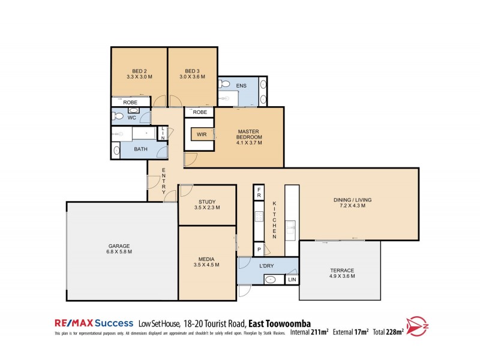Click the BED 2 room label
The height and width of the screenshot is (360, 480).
pyautogui.click(x=139, y=71)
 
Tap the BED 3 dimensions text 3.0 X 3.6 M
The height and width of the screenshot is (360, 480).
pyautogui.click(x=192, y=77)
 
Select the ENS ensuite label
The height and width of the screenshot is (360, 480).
pyautogui.click(x=241, y=86)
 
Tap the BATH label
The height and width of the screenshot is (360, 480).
pyautogui.click(x=140, y=149)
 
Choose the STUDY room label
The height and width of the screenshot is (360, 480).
pyautogui.click(x=207, y=202)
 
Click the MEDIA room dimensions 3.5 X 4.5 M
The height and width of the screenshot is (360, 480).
pyautogui.click(x=207, y=265)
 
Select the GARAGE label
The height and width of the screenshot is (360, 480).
pyautogui.click(x=119, y=246)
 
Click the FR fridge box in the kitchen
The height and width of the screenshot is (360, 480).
pyautogui.click(x=259, y=193)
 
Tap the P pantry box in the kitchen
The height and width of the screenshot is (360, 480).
pyautogui.click(x=259, y=248)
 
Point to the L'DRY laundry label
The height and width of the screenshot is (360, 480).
pyautogui.click(x=267, y=266)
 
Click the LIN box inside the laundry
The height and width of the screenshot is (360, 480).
pyautogui.click(x=292, y=280)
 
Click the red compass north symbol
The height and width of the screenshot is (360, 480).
pyautogui.click(x=418, y=326)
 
